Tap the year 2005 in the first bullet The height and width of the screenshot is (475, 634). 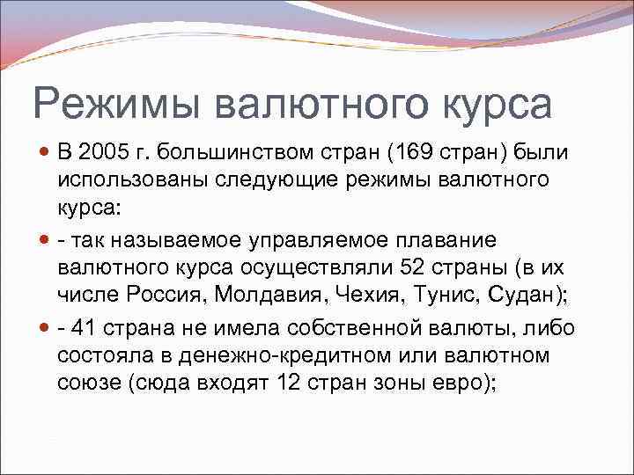pyautogui.click(x=106, y=154)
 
